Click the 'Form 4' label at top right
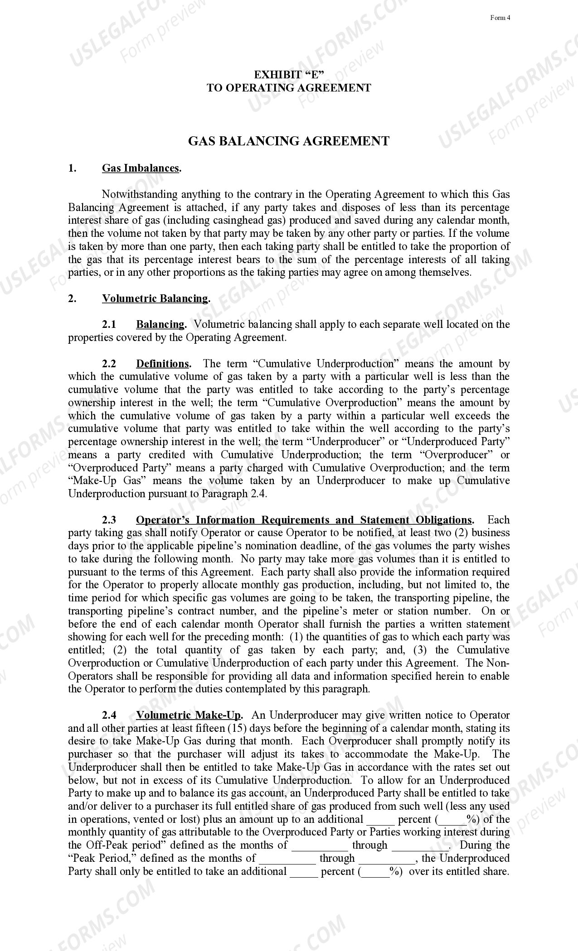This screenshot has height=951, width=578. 500,18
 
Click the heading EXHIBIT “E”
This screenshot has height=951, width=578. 289,75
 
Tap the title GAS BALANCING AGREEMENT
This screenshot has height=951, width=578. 289,141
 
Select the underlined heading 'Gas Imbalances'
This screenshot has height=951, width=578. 141,168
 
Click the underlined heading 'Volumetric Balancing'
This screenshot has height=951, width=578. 155,298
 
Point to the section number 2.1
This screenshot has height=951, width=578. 109,324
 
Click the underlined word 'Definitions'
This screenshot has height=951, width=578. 162,364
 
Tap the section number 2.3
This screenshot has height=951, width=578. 109,520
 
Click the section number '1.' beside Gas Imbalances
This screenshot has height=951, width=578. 72,168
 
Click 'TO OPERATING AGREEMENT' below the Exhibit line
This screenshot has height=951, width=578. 289,88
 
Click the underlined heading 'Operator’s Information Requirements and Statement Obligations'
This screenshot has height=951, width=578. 304,520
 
